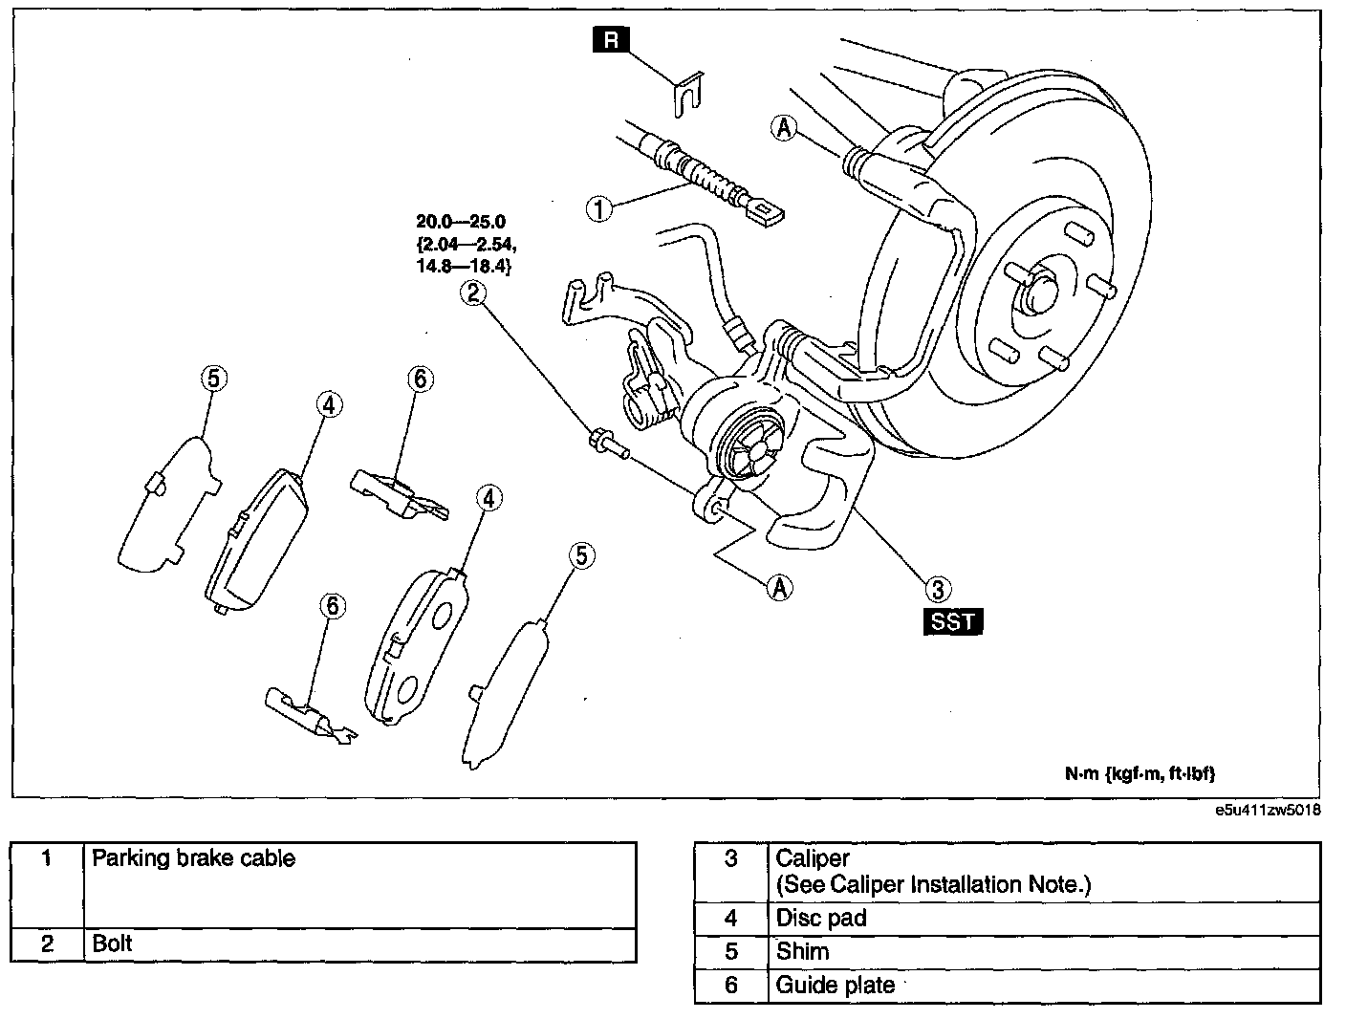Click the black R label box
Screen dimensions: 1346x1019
click(611, 40)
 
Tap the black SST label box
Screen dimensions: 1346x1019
click(952, 621)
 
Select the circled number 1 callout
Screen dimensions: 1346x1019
click(599, 209)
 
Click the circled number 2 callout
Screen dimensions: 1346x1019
click(473, 293)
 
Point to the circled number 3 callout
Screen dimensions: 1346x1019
click(938, 589)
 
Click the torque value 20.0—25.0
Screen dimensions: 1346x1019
click(461, 222)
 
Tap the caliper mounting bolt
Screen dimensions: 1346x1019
click(609, 444)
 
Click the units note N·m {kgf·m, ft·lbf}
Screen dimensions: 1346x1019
click(1140, 773)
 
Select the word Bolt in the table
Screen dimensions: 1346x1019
click(112, 943)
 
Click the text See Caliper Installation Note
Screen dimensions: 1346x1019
click(934, 885)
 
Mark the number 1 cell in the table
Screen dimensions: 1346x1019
click(47, 885)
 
